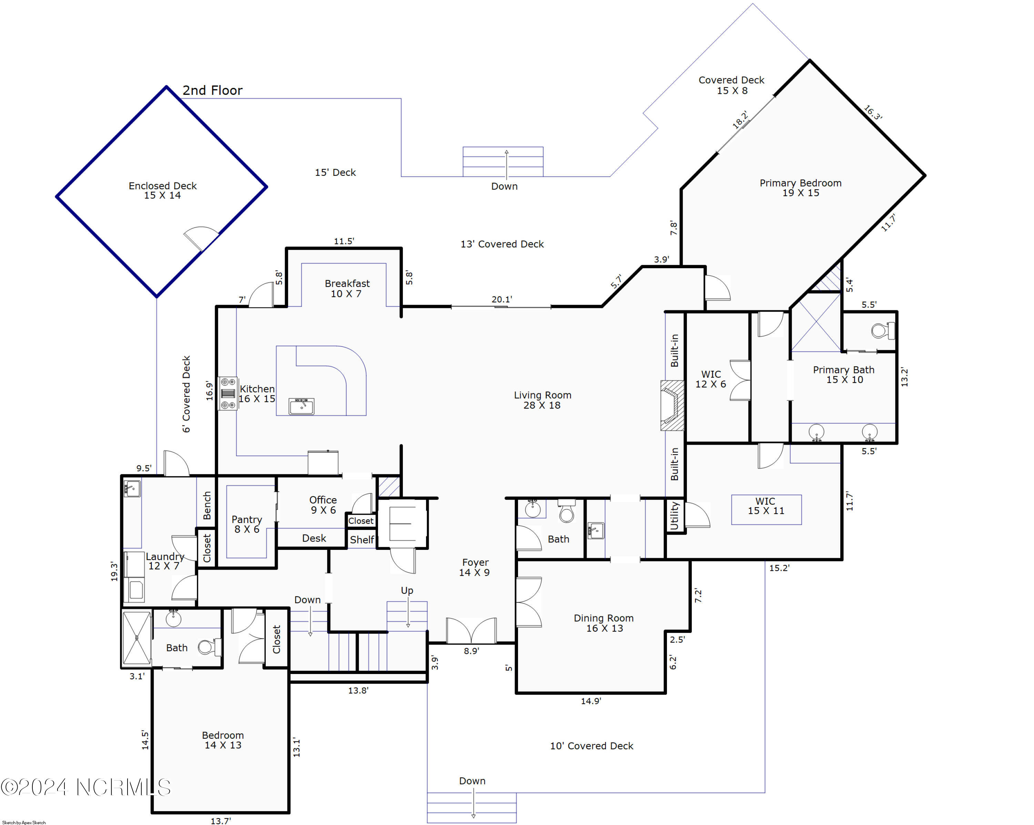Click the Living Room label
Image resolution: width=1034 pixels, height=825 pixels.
pyautogui.click(x=543, y=400)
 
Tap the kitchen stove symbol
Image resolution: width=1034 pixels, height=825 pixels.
pyautogui.click(x=228, y=393)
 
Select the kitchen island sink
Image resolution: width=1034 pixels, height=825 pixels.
pyautogui.click(x=301, y=406)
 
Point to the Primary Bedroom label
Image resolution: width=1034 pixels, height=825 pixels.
pyautogui.click(x=800, y=188)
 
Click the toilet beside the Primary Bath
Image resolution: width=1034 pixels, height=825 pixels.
pyautogui.click(x=882, y=331)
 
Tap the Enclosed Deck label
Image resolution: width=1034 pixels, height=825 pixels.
pyautogui.click(x=163, y=190)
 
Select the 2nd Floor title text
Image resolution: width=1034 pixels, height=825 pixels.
pyautogui.click(x=212, y=90)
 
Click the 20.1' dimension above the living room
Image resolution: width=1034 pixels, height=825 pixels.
pyautogui.click(x=501, y=299)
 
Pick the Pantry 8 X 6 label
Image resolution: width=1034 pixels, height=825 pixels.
pyautogui.click(x=247, y=524)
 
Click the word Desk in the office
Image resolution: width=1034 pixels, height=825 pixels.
pyautogui.click(x=314, y=538)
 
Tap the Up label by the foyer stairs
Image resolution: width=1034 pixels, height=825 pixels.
pyautogui.click(x=407, y=591)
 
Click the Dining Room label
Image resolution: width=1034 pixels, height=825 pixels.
pyautogui.click(x=604, y=623)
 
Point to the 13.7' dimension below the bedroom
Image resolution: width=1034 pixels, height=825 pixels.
pyautogui.click(x=221, y=821)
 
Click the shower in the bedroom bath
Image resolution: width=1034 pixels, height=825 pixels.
pyautogui.click(x=137, y=638)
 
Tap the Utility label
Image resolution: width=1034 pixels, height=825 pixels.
pyautogui.click(x=674, y=516)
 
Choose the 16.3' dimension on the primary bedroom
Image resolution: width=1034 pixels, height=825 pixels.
pyautogui.click(x=873, y=113)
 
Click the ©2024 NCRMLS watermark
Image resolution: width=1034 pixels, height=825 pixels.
pyautogui.click(x=85, y=787)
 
